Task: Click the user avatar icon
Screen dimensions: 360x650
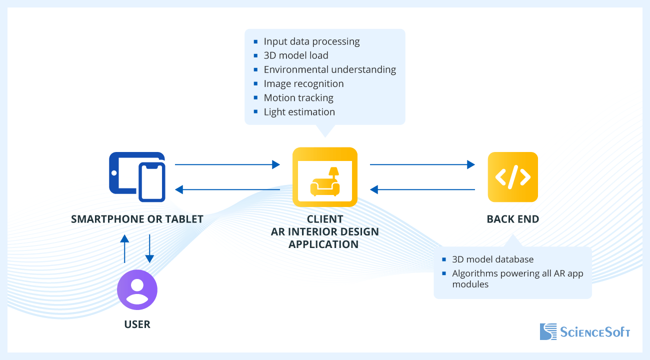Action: point(137,290)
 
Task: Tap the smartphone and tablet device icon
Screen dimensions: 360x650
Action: point(137,176)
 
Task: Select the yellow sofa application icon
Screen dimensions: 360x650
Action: point(325,177)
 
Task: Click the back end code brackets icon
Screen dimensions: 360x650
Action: point(513,177)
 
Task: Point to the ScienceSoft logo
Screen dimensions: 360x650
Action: point(584,332)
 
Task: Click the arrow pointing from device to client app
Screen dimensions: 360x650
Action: point(227,164)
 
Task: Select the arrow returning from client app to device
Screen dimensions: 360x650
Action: point(227,189)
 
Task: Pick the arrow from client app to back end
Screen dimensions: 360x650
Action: point(422,164)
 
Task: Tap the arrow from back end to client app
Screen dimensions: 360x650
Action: point(422,189)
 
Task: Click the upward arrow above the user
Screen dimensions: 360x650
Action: point(124,248)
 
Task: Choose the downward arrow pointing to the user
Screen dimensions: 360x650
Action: point(149,248)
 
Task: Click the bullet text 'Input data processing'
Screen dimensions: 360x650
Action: point(311,41)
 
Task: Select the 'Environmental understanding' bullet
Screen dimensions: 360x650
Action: point(329,69)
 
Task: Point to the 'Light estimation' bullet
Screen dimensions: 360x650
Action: point(299,112)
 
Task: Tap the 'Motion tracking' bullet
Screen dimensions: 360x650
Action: point(298,98)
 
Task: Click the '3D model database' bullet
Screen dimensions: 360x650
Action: point(492,259)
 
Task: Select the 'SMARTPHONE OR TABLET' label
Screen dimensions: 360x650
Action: point(137,219)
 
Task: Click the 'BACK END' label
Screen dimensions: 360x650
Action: point(513,219)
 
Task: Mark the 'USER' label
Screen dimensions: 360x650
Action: point(137,324)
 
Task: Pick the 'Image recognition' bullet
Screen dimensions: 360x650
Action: point(303,83)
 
